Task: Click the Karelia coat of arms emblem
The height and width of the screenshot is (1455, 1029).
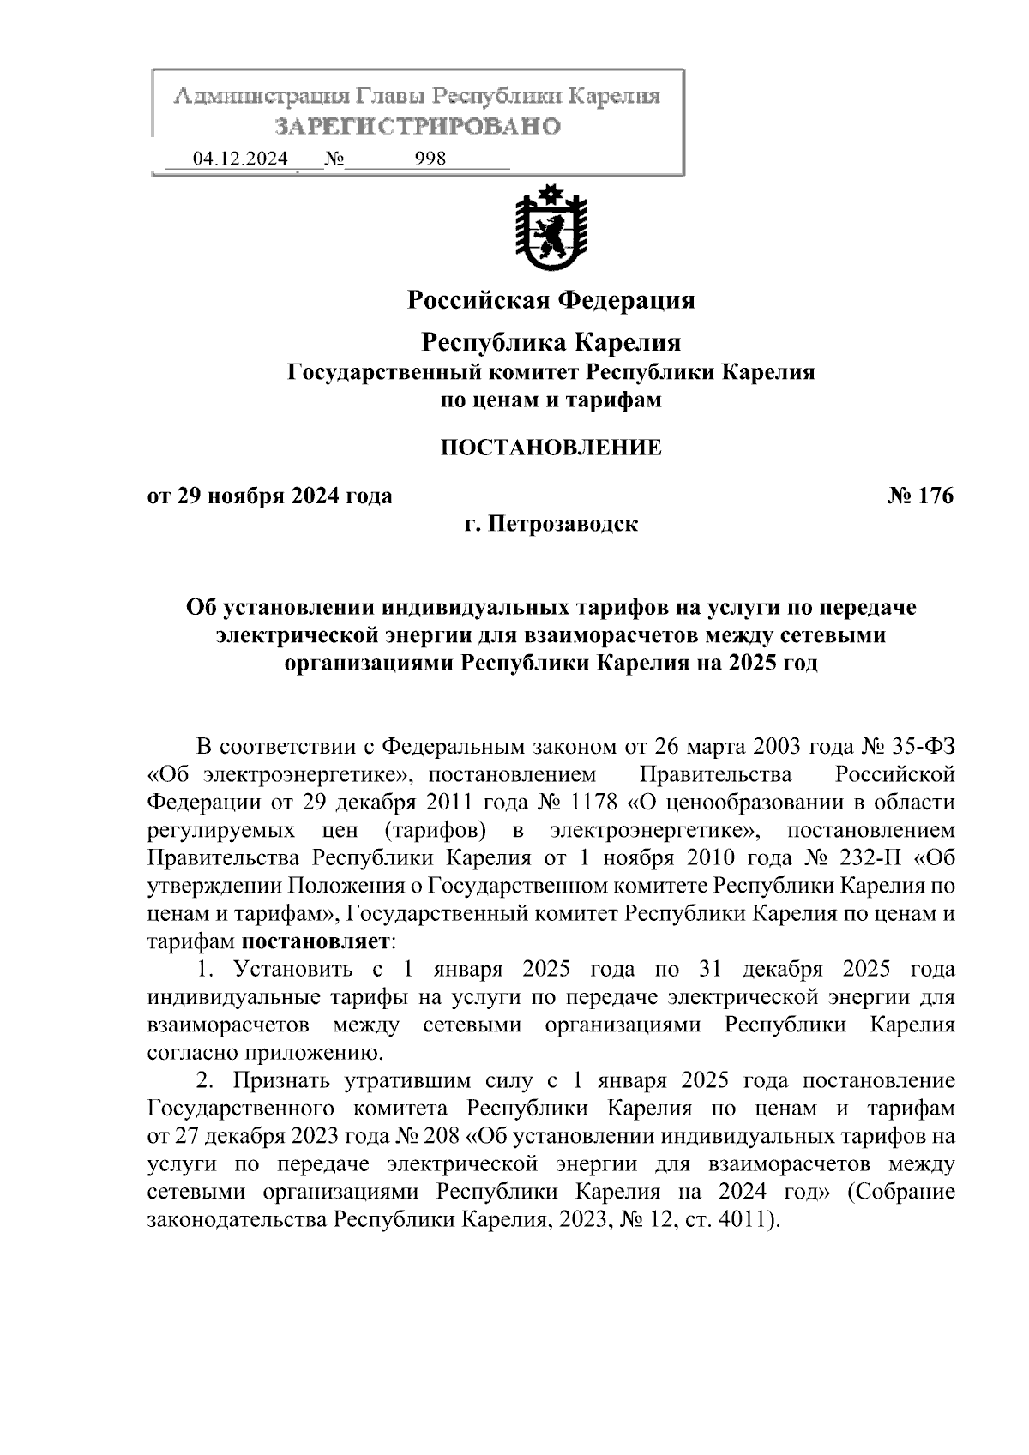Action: (x=551, y=230)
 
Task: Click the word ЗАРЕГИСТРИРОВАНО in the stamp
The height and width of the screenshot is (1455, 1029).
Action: (x=417, y=127)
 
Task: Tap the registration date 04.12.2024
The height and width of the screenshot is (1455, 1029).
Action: (x=240, y=159)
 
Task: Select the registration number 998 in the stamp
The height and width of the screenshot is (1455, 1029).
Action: (x=430, y=159)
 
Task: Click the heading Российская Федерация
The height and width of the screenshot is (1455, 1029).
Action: (x=551, y=301)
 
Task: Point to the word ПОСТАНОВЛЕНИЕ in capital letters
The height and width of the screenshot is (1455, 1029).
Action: (x=551, y=447)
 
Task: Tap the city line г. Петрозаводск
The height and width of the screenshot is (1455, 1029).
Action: (x=551, y=523)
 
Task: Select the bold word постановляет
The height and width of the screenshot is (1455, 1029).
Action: (x=316, y=941)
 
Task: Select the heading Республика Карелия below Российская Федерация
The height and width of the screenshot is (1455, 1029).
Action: (x=551, y=343)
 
